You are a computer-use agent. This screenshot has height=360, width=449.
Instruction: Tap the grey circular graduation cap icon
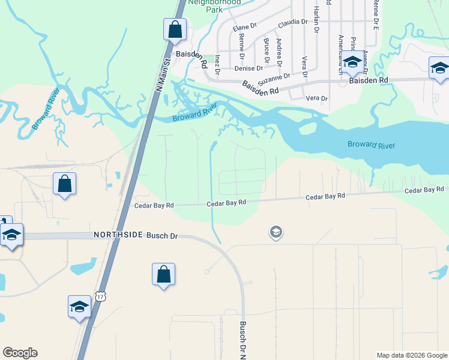point(276,232)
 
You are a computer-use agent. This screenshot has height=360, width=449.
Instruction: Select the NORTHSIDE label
point(118,236)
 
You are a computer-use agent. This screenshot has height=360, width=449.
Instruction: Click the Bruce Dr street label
point(266,50)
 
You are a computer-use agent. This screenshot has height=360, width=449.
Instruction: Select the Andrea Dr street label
point(279,52)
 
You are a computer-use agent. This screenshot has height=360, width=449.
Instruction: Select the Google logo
point(20,353)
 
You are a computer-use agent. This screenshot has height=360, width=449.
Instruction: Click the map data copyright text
point(411,355)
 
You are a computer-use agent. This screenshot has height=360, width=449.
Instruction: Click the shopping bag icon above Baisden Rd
point(175,29)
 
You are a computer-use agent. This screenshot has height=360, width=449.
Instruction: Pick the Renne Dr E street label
point(376,15)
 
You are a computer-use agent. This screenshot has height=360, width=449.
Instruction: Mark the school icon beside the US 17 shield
point(79,307)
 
